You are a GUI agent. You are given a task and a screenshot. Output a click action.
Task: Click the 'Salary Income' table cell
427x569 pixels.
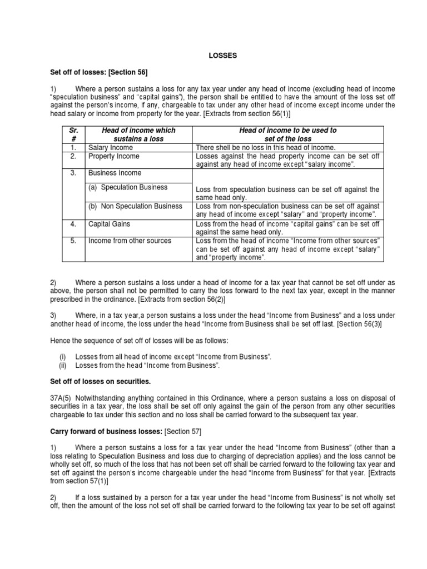pos(111,147)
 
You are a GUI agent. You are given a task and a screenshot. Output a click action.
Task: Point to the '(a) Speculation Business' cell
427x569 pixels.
pos(128,187)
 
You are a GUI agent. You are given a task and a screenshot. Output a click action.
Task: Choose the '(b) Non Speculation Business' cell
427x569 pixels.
pos(135,206)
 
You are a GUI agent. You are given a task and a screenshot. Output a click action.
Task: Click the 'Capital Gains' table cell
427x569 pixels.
pos(110,224)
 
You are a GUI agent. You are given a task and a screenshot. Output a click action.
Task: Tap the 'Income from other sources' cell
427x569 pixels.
pos(130,241)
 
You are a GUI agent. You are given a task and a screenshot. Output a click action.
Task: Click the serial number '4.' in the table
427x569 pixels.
pos(72,224)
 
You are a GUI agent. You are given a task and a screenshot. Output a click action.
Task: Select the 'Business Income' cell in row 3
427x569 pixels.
pos(115,173)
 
